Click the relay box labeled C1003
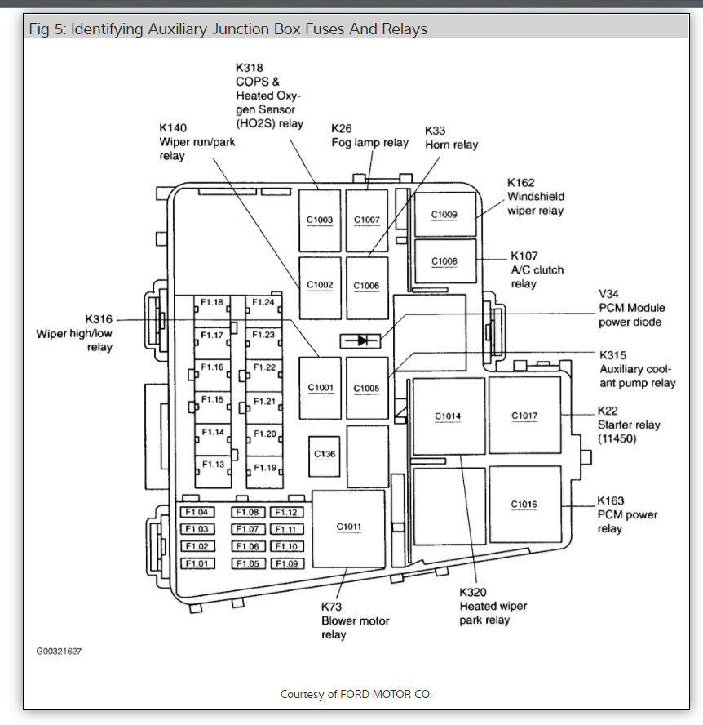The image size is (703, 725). coord(320,220)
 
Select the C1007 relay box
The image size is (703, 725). coord(366,220)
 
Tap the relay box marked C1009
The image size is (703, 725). coord(444,215)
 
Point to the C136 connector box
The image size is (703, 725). coord(325,455)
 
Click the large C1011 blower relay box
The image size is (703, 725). coord(348,527)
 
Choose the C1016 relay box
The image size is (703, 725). coord(524,505)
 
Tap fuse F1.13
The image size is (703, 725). coord(213,465)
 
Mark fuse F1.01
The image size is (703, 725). coord(197,563)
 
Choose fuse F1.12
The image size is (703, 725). coord(286,513)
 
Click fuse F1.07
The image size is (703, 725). coord(249,530)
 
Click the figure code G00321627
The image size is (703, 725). coord(59,652)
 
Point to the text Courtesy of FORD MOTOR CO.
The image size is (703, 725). coord(356,694)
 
